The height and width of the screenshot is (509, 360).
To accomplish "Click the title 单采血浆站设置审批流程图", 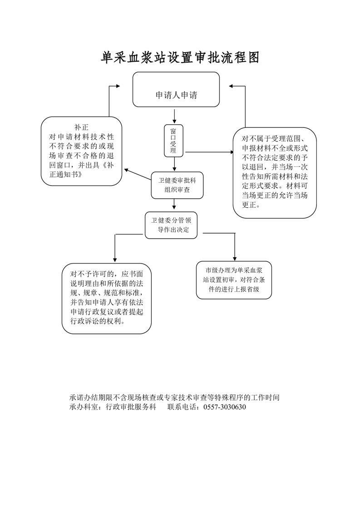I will coord(180,58).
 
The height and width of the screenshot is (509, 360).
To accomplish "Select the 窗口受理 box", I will coord(173,140).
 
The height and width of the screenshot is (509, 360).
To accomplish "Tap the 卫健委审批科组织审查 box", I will coord(177,185).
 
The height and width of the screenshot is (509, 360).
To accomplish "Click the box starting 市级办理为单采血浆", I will coord(234,280).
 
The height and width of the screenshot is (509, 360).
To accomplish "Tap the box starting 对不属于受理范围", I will coord(275,172).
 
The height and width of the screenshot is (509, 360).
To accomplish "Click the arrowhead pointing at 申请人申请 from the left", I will coord(118,86).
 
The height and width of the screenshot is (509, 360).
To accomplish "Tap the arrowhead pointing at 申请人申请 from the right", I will coord(232,86).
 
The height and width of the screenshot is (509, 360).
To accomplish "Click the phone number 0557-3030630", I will coord(225,407).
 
